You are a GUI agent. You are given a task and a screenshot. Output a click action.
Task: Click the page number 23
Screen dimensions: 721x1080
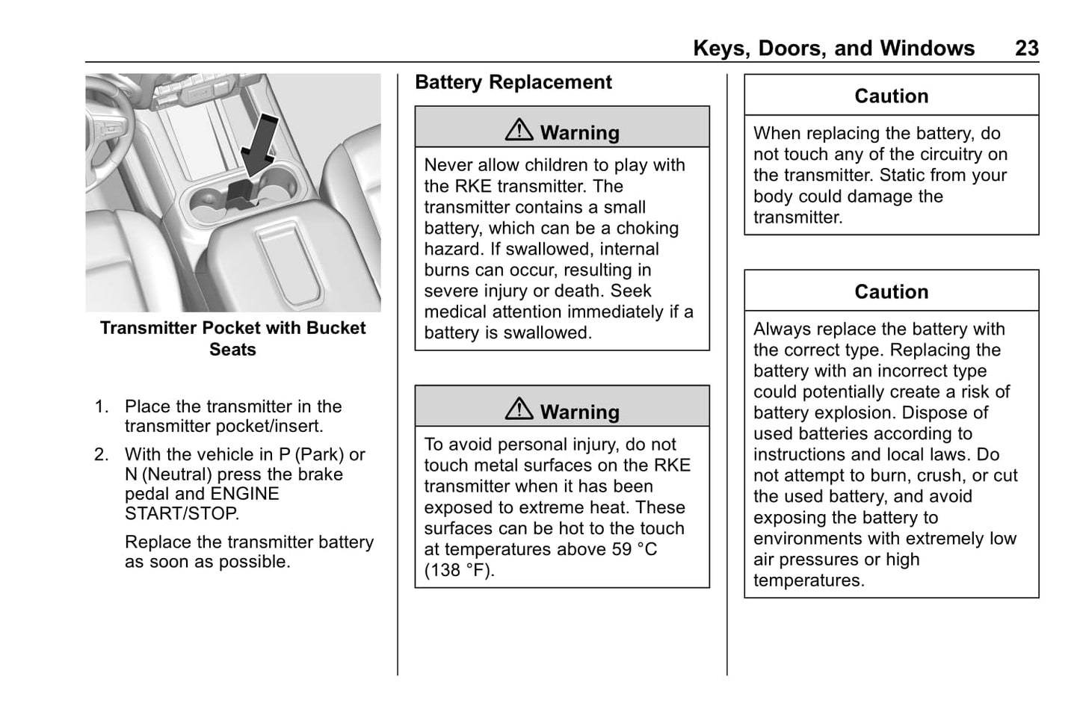tap(1026, 49)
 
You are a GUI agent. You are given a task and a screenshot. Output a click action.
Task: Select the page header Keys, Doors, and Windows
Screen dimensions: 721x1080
tap(833, 49)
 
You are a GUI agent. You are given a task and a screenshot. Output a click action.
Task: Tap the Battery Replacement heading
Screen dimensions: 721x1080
tap(513, 82)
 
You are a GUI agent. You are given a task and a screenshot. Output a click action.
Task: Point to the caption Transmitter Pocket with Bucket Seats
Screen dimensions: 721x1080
tap(232, 338)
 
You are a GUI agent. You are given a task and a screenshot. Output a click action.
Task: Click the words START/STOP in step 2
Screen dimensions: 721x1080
tap(182, 514)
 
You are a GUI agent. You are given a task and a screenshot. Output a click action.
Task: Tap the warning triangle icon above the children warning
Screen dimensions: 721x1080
tap(519, 131)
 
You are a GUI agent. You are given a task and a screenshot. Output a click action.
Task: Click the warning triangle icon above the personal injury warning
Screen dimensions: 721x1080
tap(519, 409)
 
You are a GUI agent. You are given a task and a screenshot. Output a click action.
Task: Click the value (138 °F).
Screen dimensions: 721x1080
tap(459, 571)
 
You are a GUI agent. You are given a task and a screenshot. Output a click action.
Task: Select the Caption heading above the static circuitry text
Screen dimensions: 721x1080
tap(891, 96)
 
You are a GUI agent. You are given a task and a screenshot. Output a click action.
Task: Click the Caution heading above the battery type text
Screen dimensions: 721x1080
tap(891, 292)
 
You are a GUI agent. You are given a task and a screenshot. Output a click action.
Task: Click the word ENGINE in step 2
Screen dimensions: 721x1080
tap(244, 495)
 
